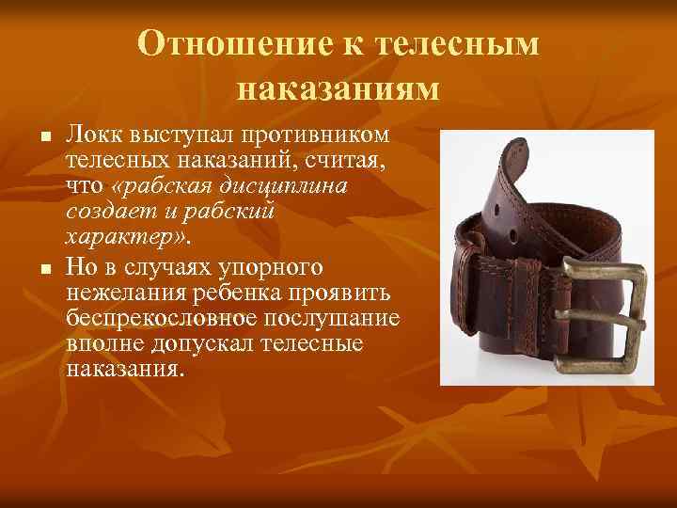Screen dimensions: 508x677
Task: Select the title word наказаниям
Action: [338, 87]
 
